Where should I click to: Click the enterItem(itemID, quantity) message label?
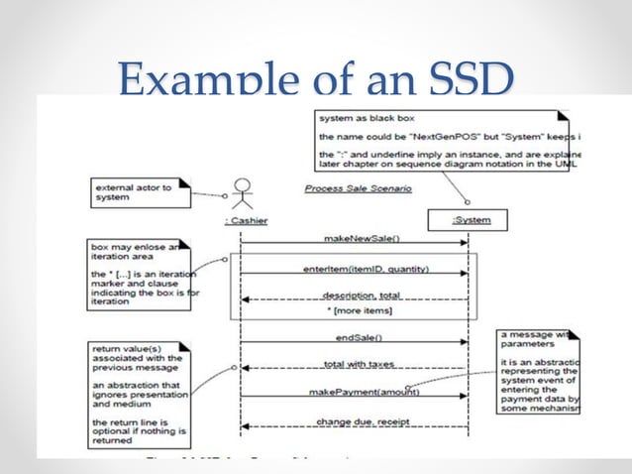[353, 268]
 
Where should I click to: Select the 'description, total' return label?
[353, 295]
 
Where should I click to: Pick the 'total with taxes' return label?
[353, 365]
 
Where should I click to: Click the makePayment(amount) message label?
[353, 393]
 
